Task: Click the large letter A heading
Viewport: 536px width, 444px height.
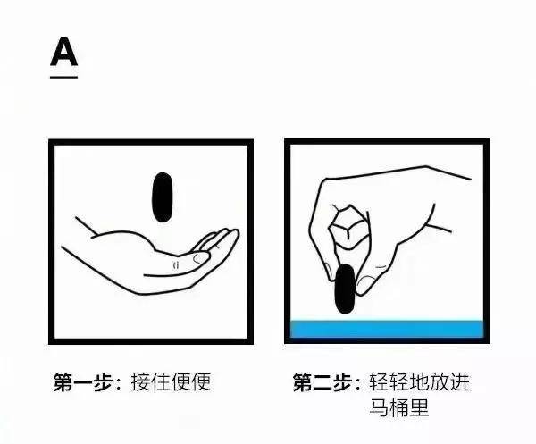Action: (x=64, y=52)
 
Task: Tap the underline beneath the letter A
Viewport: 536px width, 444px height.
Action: (x=64, y=77)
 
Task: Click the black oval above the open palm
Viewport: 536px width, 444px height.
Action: (x=162, y=197)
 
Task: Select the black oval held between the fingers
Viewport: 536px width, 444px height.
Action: (x=345, y=289)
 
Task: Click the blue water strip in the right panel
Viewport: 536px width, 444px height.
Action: (x=387, y=329)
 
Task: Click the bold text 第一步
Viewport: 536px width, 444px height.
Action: (x=83, y=381)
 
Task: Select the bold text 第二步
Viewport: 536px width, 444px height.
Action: (x=322, y=381)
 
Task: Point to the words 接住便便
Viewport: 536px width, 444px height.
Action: (x=171, y=381)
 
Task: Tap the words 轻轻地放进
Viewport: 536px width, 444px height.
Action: (x=419, y=381)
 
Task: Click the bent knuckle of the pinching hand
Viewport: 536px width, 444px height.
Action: (x=349, y=226)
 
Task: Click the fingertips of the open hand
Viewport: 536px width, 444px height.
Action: (x=229, y=235)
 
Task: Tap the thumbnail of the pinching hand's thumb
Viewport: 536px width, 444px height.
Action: (x=364, y=285)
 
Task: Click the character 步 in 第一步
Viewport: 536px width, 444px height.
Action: (x=103, y=381)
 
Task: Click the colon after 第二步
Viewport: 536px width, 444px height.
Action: (x=357, y=382)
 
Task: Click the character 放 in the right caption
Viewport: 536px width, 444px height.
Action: (x=440, y=381)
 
